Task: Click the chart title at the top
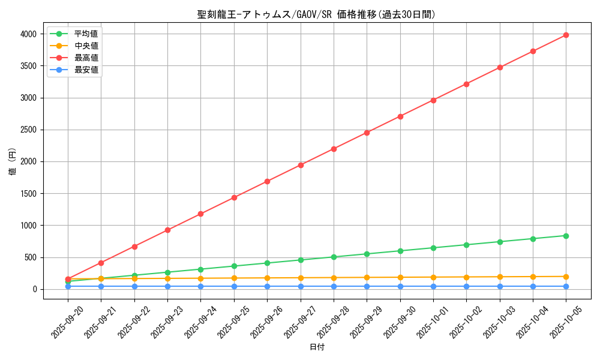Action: [316, 14]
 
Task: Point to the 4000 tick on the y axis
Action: [28, 34]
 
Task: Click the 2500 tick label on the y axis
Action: [28, 130]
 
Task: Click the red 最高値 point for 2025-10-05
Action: [566, 35]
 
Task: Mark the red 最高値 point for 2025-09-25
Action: [234, 197]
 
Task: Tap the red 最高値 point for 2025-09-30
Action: [400, 116]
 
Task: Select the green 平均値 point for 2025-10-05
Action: [566, 236]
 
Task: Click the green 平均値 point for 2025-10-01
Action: [433, 248]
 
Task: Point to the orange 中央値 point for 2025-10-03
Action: [500, 277]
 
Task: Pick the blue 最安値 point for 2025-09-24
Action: [200, 286]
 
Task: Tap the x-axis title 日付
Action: [316, 347]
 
